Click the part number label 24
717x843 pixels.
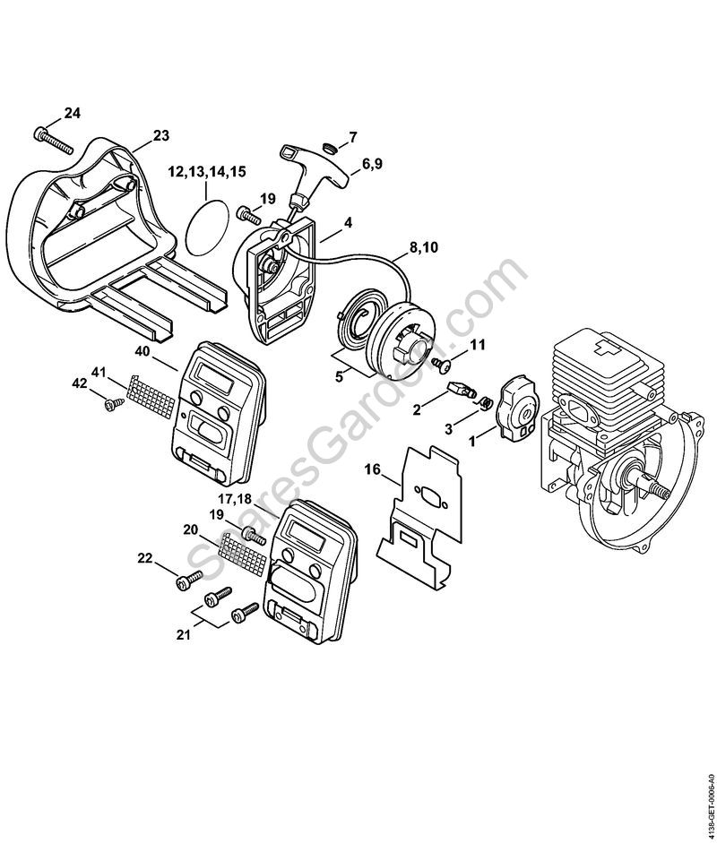click(x=72, y=113)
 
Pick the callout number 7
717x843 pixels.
click(x=352, y=137)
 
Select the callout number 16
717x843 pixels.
click(x=373, y=468)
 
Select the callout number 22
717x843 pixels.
click(x=145, y=558)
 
